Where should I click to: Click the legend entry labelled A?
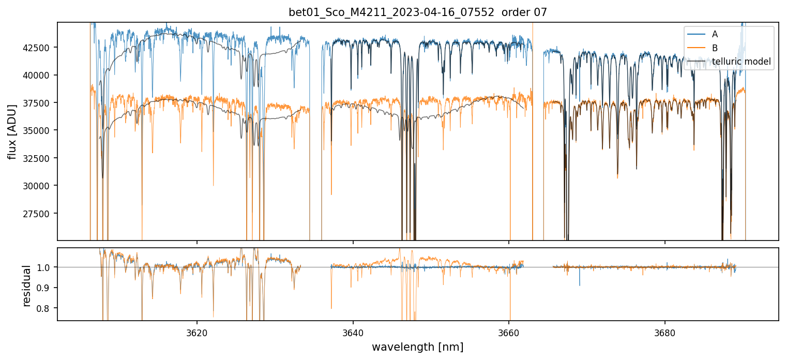[715, 34]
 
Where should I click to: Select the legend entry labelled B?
[715, 48]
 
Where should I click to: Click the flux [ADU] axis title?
[12, 131]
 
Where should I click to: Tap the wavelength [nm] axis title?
[417, 347]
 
